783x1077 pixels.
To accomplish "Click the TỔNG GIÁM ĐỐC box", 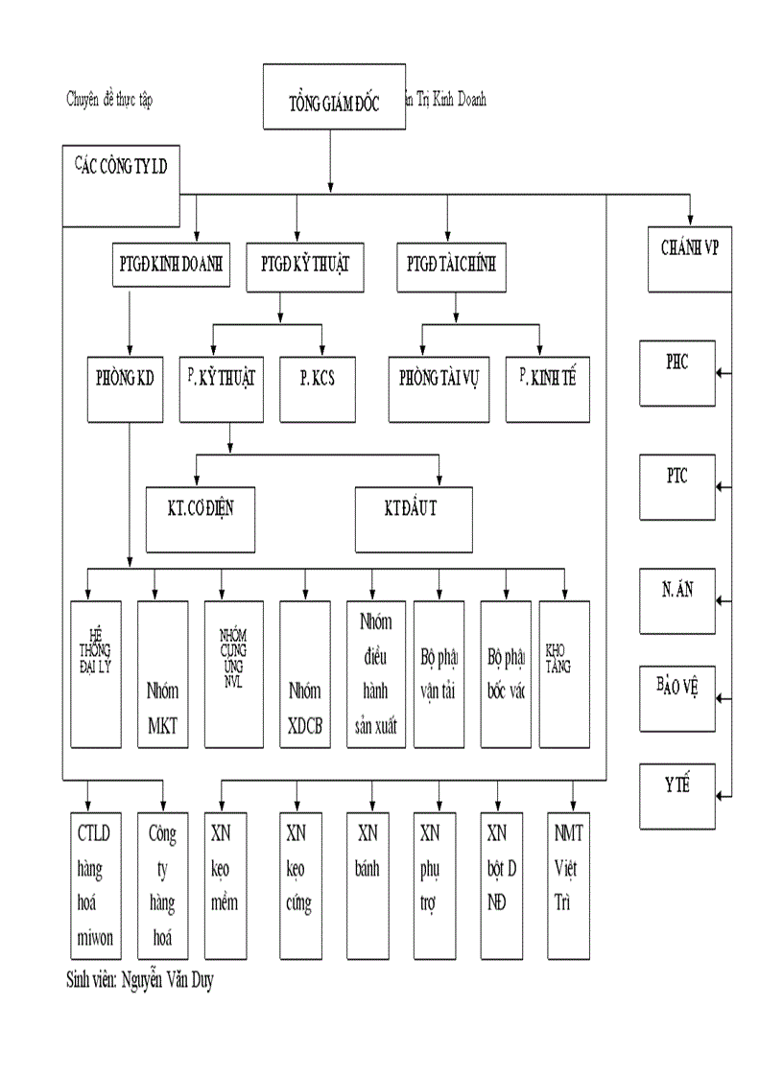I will click(x=333, y=98).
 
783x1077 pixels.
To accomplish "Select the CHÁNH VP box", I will click(x=690, y=258).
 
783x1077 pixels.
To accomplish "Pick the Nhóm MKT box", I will click(x=162, y=673).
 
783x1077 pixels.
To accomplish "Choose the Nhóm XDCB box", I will click(x=304, y=673).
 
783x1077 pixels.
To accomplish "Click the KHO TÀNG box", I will click(x=564, y=673).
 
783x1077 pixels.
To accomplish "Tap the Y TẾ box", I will click(x=677, y=795).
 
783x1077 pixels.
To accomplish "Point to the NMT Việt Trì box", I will click(x=568, y=885).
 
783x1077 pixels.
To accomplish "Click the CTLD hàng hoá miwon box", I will click(x=95, y=885).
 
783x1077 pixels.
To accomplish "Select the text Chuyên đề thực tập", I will click(x=109, y=99).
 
